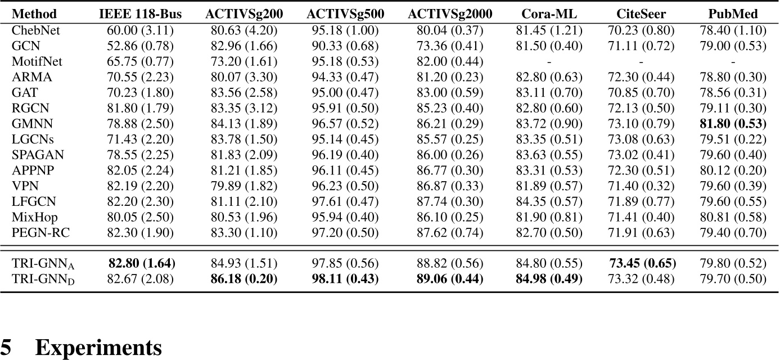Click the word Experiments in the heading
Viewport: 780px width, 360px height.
coord(98,348)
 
